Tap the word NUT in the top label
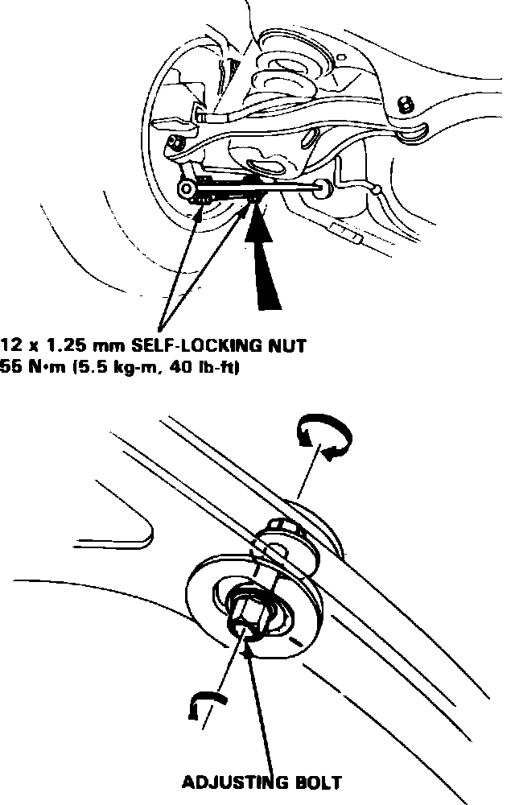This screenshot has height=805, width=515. coord(289,347)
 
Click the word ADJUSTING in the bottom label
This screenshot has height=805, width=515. coord(230,782)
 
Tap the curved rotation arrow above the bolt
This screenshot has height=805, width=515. coord(323,439)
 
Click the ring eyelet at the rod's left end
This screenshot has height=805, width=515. coord(184,189)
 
